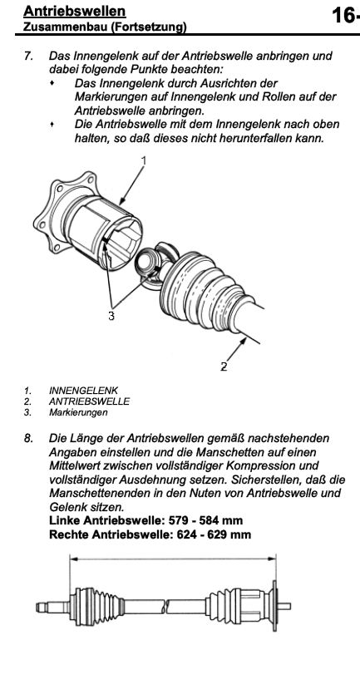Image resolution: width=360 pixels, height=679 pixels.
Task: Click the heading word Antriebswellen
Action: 74,12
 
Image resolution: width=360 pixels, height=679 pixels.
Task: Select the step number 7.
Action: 28,56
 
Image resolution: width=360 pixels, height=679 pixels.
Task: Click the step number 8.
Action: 28,438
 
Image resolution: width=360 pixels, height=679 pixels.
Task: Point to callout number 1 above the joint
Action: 144,160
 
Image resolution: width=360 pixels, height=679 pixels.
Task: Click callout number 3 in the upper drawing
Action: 111,316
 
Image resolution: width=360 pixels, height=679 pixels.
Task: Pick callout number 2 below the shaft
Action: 224,367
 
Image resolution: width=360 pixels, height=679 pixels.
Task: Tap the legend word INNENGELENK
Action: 83,390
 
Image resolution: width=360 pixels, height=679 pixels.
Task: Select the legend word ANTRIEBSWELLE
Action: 89,401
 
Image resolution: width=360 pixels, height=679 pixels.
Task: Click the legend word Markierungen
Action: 78,413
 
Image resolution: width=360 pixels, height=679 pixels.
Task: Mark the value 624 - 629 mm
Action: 214,534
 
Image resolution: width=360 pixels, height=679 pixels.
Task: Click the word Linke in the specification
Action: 64,520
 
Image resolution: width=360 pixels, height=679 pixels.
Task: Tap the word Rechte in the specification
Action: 67,534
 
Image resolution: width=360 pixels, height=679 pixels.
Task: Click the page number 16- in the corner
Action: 346,16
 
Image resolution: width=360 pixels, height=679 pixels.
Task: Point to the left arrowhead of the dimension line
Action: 74,558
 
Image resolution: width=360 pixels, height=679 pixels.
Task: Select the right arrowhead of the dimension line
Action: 272,558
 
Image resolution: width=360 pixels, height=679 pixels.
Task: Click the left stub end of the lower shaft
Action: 38,608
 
